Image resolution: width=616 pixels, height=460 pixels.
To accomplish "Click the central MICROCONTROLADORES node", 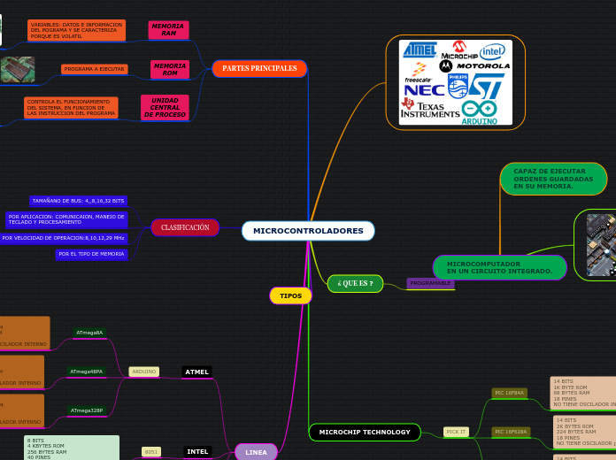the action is [x=308, y=231].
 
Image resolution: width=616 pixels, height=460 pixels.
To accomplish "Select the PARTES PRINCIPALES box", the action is [x=259, y=68].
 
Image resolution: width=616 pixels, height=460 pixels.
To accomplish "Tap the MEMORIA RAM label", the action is [x=167, y=30].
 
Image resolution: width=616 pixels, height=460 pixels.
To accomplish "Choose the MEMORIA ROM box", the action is [x=170, y=69].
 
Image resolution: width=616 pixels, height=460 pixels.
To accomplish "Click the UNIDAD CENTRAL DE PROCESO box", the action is [x=165, y=107].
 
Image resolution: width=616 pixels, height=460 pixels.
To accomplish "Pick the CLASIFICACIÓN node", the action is [x=185, y=227].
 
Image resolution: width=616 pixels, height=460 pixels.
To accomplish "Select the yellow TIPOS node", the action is [x=290, y=295].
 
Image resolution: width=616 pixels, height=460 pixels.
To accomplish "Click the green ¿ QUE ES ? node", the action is [x=355, y=283].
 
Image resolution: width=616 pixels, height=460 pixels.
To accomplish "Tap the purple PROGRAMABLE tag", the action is [x=431, y=283].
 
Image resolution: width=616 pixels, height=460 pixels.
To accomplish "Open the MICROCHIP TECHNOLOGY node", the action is [x=365, y=432].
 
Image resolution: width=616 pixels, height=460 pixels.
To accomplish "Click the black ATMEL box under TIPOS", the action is [x=196, y=372].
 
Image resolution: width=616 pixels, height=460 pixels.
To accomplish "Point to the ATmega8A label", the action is [x=89, y=333].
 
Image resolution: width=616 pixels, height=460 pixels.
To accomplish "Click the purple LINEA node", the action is [x=256, y=452].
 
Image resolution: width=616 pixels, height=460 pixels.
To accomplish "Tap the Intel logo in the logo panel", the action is [x=492, y=51].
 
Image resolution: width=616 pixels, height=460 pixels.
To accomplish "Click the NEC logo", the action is [x=423, y=89].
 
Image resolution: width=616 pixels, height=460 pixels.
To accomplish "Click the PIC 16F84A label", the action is [x=510, y=393].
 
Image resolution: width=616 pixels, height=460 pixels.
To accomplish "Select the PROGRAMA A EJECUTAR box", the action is [x=95, y=69].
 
